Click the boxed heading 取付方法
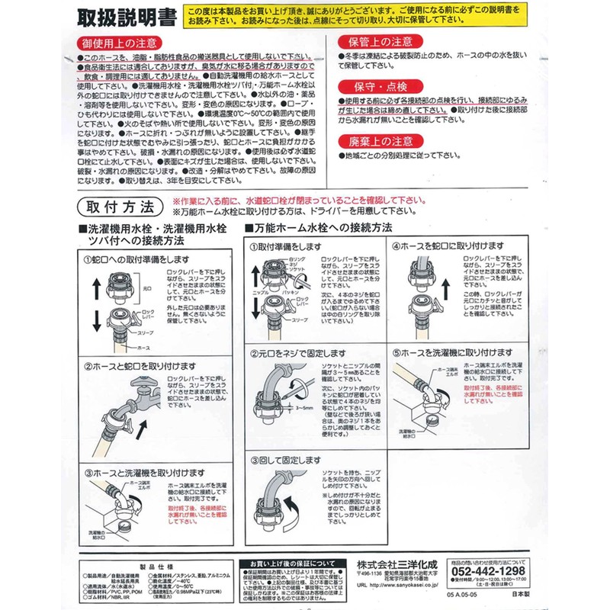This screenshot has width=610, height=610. pyautogui.click(x=120, y=207)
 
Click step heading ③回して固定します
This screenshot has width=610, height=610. pyautogui.click(x=284, y=460)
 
